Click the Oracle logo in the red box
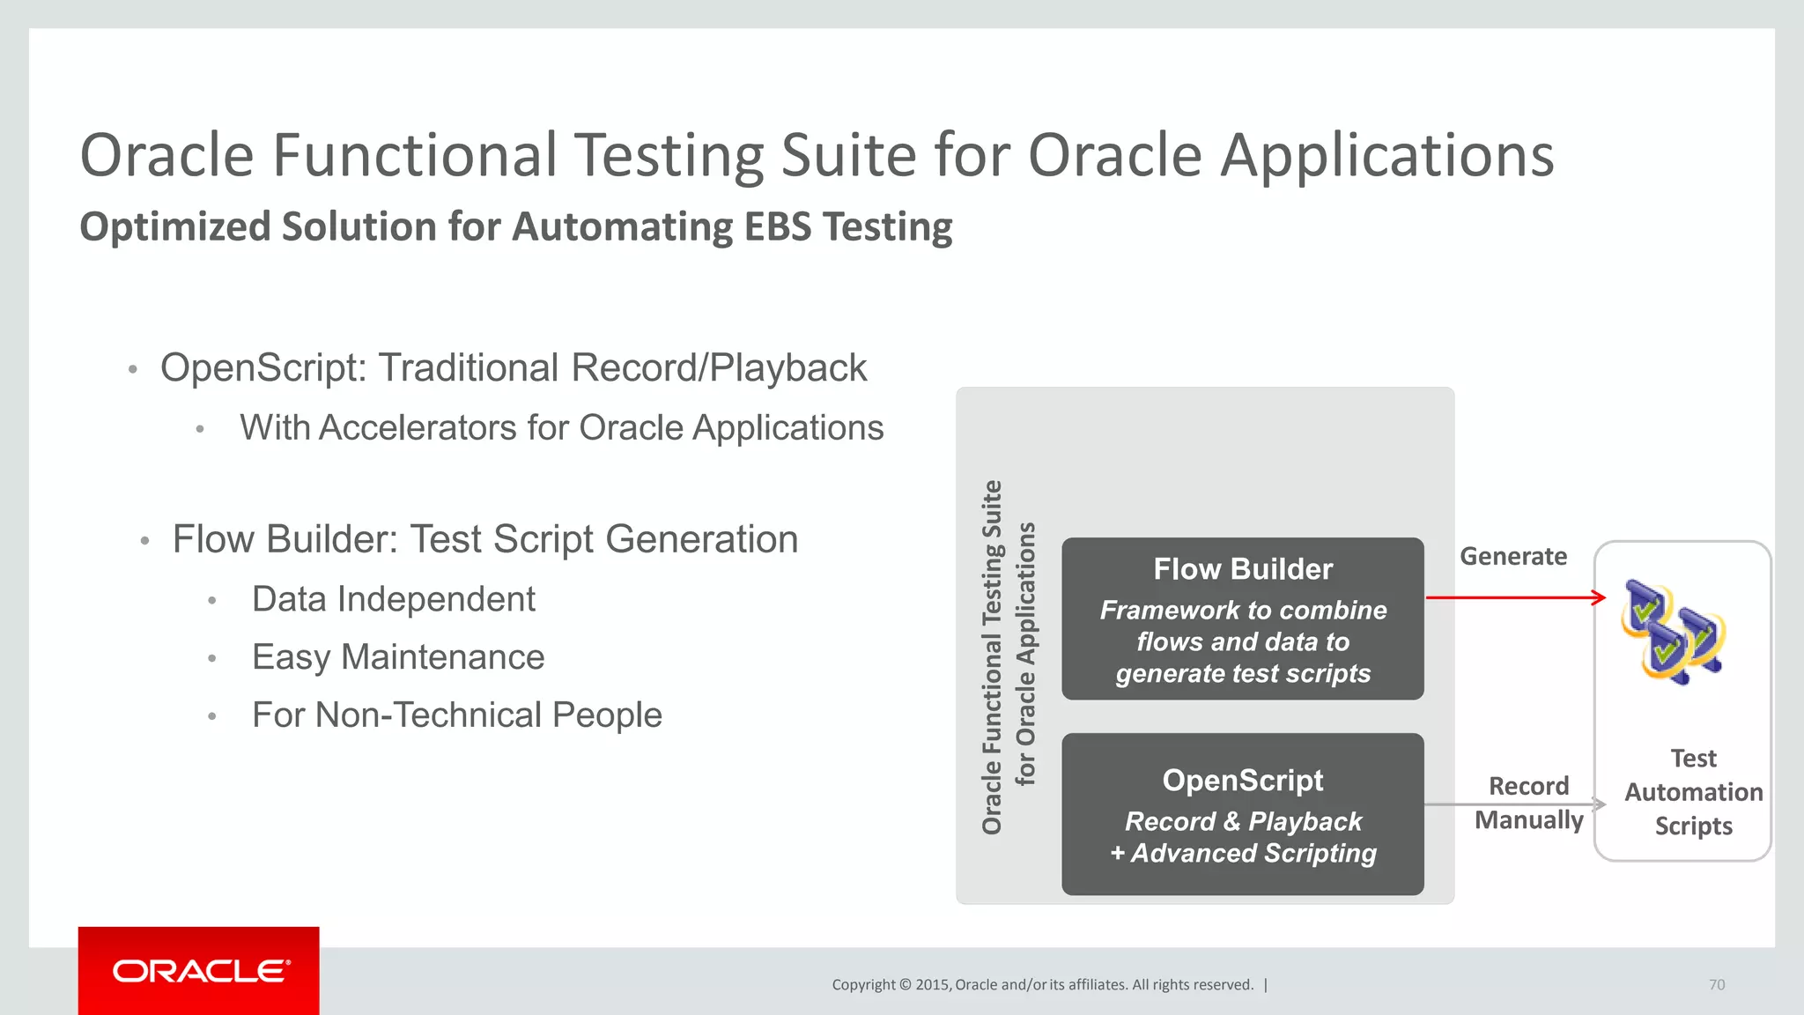coord(200,971)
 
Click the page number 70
coord(1716,985)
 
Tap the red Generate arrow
coord(1515,598)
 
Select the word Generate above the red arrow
coord(1512,557)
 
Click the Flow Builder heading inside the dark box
coord(1242,569)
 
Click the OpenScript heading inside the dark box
coord(1242,781)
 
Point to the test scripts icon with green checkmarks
coord(1673,632)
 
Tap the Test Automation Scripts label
coord(1692,792)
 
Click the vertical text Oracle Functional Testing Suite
coord(992,657)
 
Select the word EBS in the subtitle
coord(777,226)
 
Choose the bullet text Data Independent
coord(393,599)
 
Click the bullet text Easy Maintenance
coord(398,657)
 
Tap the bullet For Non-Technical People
coord(456,715)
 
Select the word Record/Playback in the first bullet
coord(719,368)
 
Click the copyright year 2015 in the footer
coord(932,985)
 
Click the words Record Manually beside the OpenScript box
coord(1528,803)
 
